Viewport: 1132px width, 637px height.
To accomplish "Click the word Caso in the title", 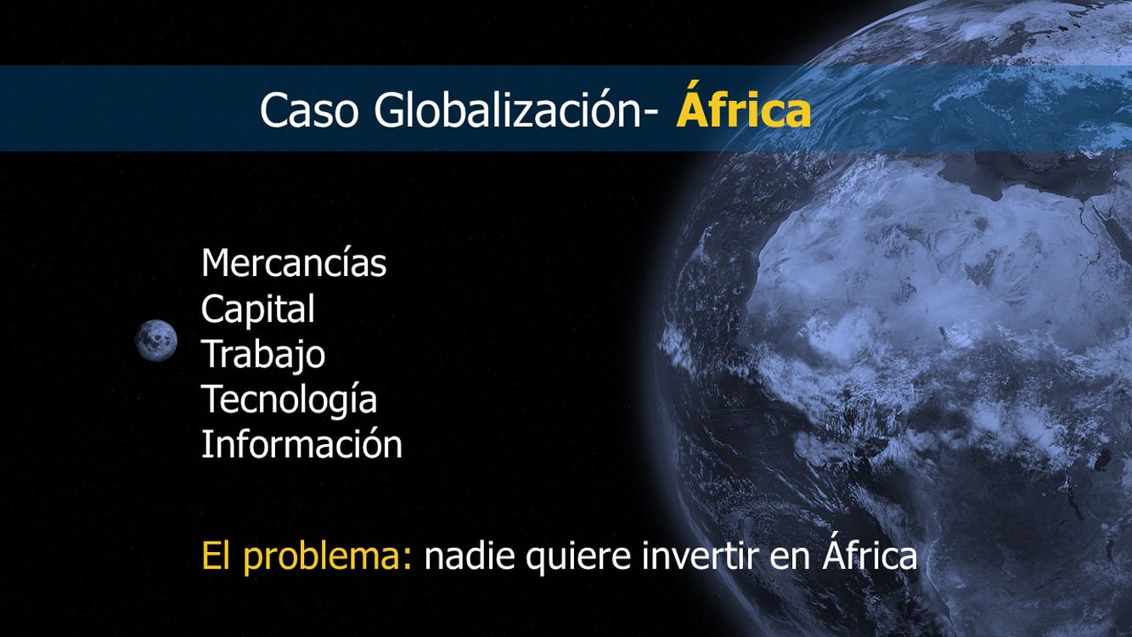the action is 309,110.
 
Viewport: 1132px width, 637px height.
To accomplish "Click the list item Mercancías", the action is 294,263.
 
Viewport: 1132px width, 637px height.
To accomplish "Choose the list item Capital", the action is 257,309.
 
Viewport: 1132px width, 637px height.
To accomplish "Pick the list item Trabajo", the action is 263,355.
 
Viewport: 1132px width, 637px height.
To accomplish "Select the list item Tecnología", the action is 289,400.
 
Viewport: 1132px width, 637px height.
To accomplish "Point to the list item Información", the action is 301,443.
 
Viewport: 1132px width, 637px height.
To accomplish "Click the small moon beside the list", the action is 156,341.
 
